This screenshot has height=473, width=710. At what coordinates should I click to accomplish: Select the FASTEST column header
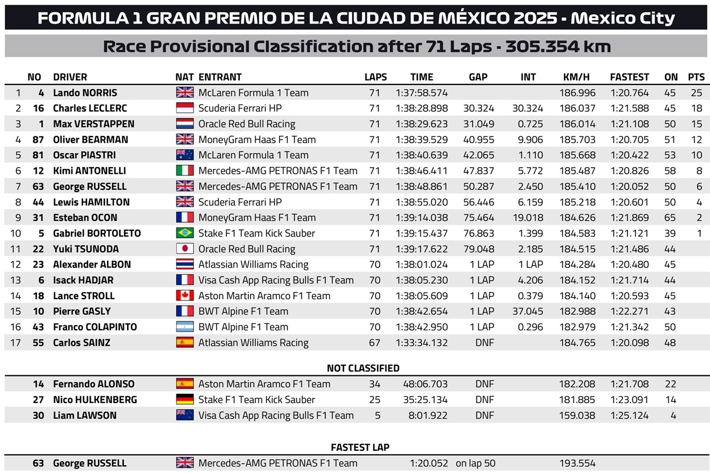coord(629,77)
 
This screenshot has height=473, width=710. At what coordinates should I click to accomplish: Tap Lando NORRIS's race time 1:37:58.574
coord(422,93)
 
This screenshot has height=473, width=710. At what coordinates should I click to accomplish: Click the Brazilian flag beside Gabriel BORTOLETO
coord(185,233)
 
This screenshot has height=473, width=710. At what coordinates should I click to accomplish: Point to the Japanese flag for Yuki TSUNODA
coord(185,249)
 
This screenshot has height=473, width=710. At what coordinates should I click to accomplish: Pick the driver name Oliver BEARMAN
coord(90,139)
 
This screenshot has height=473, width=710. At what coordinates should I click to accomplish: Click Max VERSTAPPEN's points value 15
coord(696,124)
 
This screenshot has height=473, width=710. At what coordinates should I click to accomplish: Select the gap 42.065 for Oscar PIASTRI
coord(478,155)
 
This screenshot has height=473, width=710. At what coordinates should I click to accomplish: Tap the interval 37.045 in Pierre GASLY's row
coord(528,311)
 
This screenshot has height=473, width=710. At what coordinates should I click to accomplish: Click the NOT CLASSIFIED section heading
coord(363,368)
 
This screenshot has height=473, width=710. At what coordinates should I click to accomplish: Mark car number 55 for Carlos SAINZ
coord(38,343)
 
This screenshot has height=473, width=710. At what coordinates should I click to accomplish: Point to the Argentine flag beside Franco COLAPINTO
coord(185,327)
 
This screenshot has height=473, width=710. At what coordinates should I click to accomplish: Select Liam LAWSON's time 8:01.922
coord(428,415)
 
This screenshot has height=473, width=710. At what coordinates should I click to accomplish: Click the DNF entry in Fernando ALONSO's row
coord(484,384)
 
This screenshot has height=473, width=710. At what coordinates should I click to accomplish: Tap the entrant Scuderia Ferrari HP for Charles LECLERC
coord(240,108)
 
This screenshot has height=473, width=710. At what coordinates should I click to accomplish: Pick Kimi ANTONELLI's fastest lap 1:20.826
coord(629,170)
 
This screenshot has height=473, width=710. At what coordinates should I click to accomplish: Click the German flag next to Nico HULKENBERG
coord(185,399)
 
